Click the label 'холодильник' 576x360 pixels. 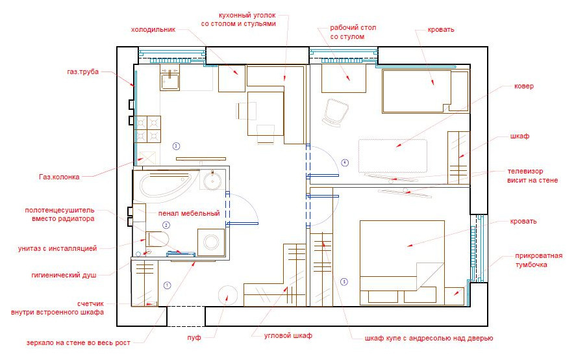pyautogui.click(x=153, y=29)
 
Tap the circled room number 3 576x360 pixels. pyautogui.click(x=177, y=146)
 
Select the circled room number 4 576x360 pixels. pyautogui.click(x=345, y=162)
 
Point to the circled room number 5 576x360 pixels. pyautogui.click(x=344, y=282)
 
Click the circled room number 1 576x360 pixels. pyautogui.click(x=167, y=285)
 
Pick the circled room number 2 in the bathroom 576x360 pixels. pyautogui.click(x=166, y=225)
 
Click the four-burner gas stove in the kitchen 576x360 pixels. pyautogui.click(x=149, y=129)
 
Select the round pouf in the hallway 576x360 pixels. pyautogui.click(x=227, y=295)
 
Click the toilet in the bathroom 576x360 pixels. pyautogui.click(x=157, y=239)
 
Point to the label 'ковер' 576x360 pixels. pyautogui.click(x=524, y=86)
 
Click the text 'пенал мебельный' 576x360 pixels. pyautogui.click(x=189, y=213)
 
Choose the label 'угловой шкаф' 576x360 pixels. pyautogui.click(x=288, y=336)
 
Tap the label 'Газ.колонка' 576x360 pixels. pyautogui.click(x=59, y=177)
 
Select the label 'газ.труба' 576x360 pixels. pyautogui.click(x=82, y=71)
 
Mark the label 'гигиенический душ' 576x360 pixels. pyautogui.click(x=64, y=275)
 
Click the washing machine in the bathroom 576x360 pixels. pyautogui.click(x=211, y=242)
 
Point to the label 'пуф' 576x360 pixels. pyautogui.click(x=194, y=337)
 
